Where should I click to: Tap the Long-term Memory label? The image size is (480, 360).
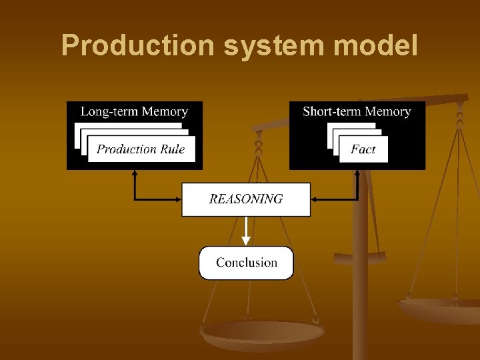(134, 112)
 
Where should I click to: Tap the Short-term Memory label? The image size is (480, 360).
(357, 112)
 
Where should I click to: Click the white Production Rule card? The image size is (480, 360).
(141, 149)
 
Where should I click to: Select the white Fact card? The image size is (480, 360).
(363, 149)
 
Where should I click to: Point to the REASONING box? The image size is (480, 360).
(246, 199)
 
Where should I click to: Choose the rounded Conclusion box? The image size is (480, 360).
(246, 263)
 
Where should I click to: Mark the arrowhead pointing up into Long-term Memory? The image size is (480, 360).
(135, 173)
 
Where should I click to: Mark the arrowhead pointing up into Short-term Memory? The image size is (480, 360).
(357, 173)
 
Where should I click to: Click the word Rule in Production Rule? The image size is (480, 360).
(173, 149)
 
